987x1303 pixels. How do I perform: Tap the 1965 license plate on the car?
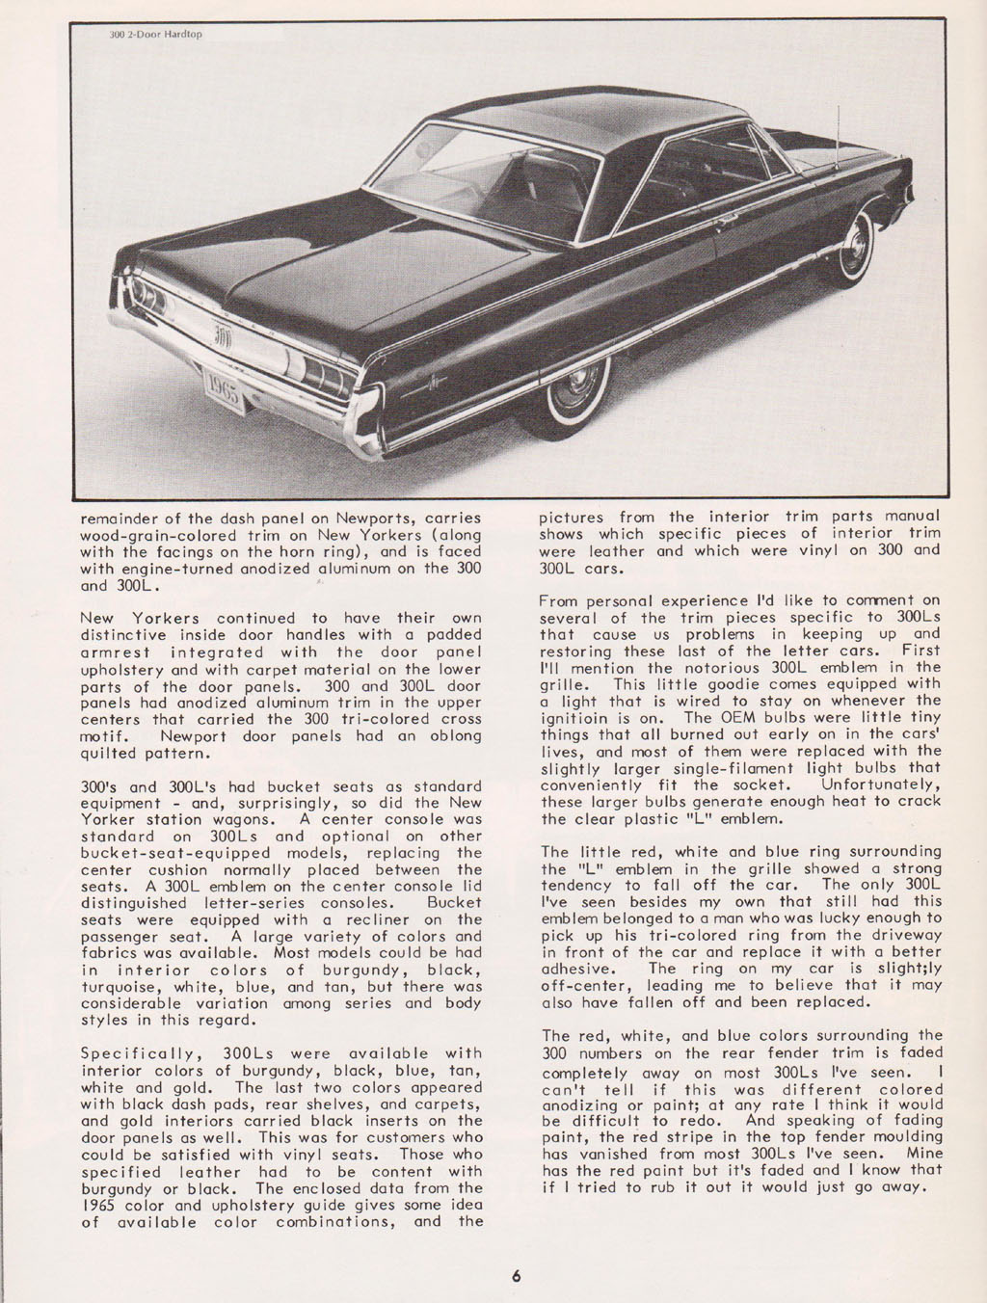(224, 391)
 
